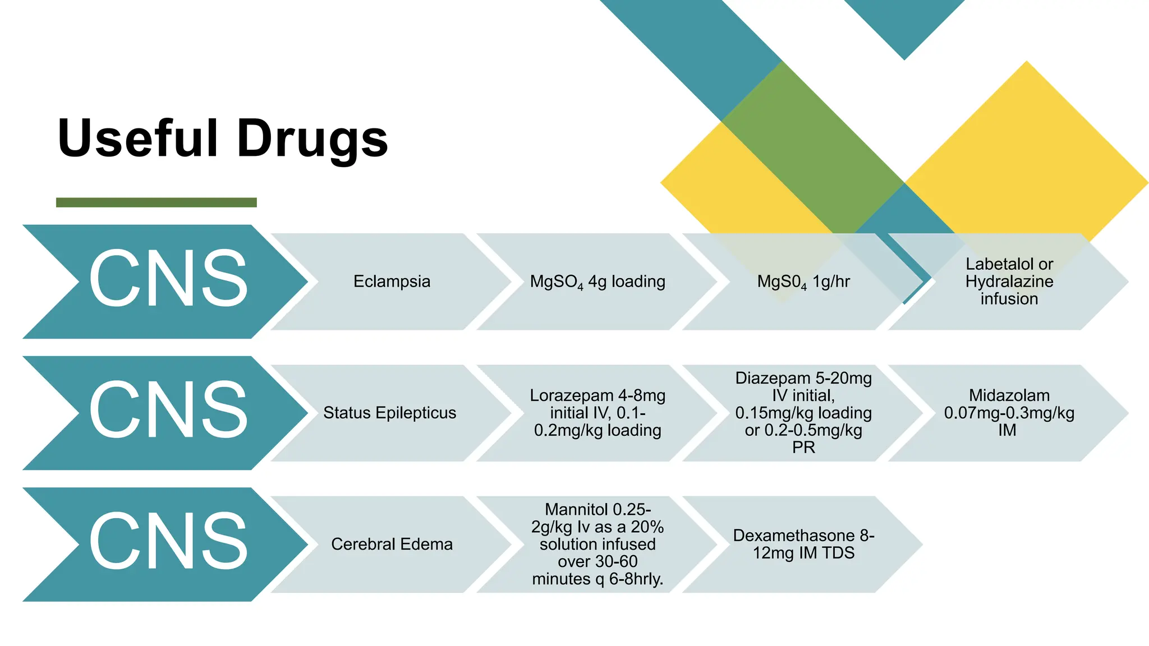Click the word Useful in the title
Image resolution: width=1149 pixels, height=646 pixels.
[137, 139]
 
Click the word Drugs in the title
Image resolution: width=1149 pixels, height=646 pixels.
[312, 139]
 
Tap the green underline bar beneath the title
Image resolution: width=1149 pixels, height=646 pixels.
[156, 202]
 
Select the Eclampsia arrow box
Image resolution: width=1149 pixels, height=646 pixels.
[392, 282]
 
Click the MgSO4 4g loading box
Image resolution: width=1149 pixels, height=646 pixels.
[598, 282]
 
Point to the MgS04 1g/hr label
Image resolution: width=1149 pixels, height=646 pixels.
[803, 282]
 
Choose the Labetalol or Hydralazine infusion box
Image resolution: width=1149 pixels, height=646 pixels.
[1009, 282]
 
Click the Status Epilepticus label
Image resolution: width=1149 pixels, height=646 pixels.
[389, 413]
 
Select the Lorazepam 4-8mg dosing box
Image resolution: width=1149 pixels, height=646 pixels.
[598, 413]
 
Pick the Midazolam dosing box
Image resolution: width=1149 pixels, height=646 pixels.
[1009, 413]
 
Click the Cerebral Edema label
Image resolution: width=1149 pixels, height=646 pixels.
[392, 544]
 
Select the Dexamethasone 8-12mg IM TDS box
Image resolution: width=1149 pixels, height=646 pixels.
[803, 544]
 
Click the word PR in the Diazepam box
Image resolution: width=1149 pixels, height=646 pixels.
[803, 447]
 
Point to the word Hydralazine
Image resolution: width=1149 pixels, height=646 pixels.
[1009, 282]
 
